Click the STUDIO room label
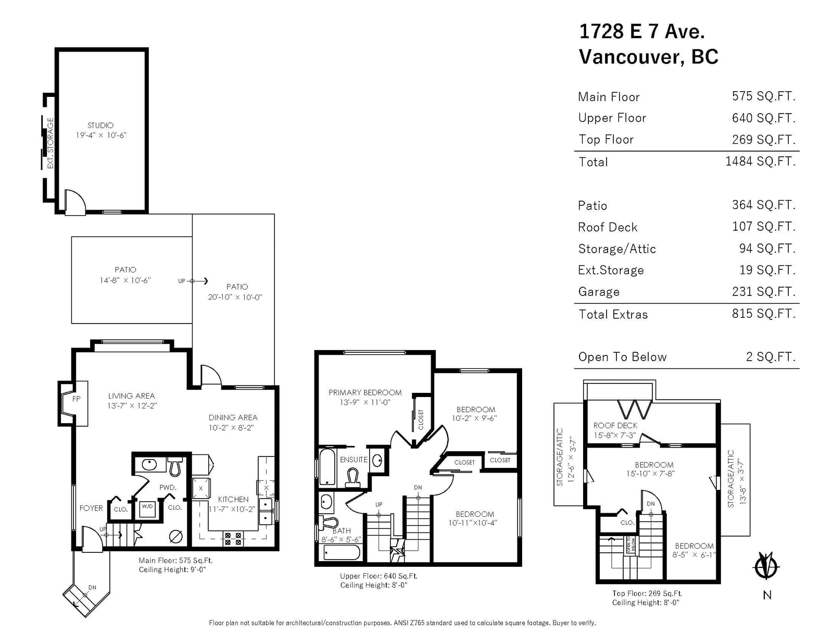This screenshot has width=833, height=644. [x=100, y=126]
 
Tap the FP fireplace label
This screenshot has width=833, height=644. [x=77, y=399]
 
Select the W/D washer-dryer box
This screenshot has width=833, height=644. [x=147, y=509]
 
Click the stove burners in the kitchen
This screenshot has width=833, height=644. [x=233, y=539]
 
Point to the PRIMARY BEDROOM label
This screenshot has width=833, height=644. [x=365, y=392]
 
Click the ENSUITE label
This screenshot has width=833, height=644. [x=354, y=460]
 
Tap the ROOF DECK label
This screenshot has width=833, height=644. [x=615, y=425]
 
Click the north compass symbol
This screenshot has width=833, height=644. [x=767, y=566]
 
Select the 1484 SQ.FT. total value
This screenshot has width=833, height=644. [x=760, y=162]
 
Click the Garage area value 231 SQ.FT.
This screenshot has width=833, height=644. [x=764, y=291]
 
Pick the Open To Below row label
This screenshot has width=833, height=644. [x=622, y=357]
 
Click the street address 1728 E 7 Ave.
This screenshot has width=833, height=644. [x=642, y=31]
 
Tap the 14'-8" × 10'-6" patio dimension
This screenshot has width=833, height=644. [x=125, y=280]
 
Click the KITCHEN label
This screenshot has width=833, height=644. [x=233, y=499]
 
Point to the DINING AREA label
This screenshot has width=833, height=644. [x=233, y=417]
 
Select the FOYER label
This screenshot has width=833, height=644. [x=91, y=508]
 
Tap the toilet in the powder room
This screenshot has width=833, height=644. [x=175, y=466]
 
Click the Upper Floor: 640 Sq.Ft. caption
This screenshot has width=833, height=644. [x=378, y=576]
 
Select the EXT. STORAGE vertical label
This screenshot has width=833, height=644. [x=50, y=143]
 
